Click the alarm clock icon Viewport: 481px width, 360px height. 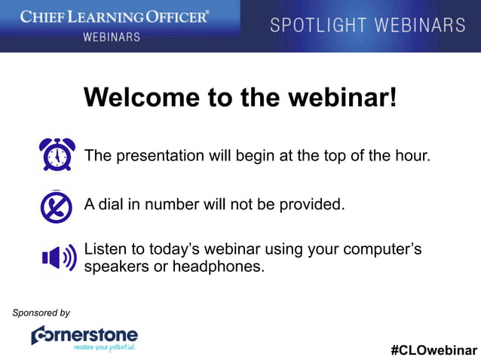pyautogui.click(x=57, y=155)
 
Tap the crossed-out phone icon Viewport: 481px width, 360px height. pyautogui.click(x=57, y=206)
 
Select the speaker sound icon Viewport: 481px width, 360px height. pyautogui.click(x=59, y=258)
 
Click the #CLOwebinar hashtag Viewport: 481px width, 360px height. pyautogui.click(x=434, y=350)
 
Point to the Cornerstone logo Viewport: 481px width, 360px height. pyautogui.click(x=84, y=335)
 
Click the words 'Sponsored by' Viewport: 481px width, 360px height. pyautogui.click(x=41, y=313)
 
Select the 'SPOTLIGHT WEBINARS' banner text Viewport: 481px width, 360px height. pyautogui.click(x=368, y=25)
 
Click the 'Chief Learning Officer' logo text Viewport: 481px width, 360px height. pyautogui.click(x=115, y=16)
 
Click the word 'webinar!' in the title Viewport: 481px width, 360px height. pyautogui.click(x=348, y=97)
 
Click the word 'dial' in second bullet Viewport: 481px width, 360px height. pyautogui.click(x=111, y=204)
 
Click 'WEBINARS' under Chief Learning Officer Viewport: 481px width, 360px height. pyautogui.click(x=112, y=36)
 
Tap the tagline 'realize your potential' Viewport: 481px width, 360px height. pyautogui.click(x=104, y=348)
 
